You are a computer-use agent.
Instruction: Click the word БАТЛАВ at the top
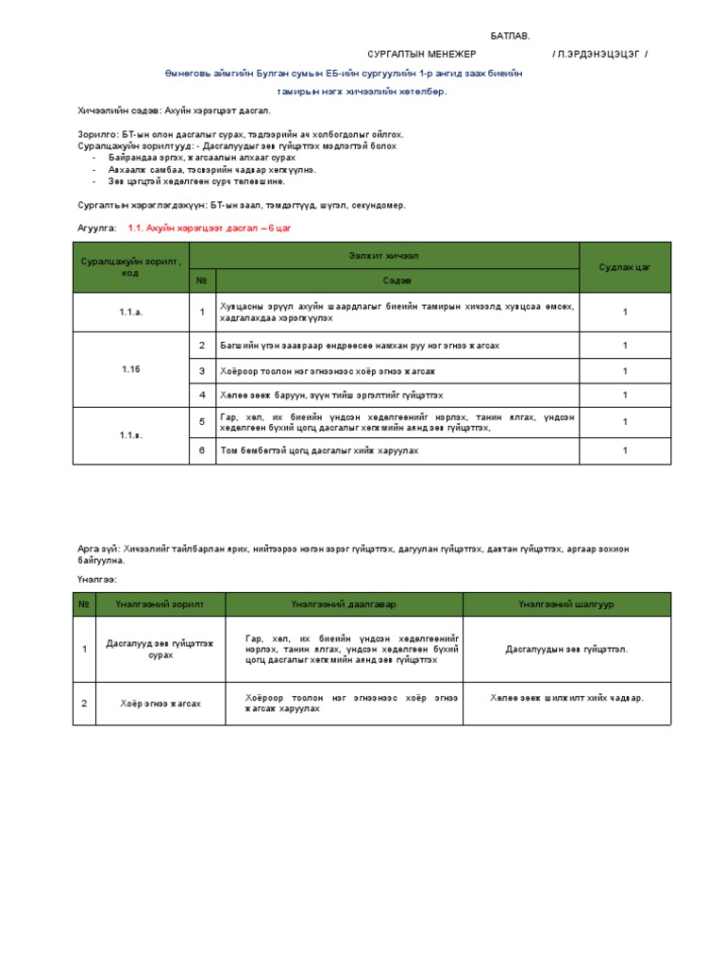510,36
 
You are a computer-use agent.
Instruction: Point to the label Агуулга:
97,229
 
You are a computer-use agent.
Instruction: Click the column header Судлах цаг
624,267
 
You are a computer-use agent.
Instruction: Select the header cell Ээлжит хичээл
383,255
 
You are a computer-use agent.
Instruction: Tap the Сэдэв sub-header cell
396,280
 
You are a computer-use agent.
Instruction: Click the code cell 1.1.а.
130,313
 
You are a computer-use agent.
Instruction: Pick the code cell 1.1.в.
130,435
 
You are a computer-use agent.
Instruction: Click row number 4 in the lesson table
202,395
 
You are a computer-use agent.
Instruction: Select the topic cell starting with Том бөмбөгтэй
319,450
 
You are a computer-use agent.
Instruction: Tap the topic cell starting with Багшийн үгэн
360,346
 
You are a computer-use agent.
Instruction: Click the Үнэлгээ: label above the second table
96,579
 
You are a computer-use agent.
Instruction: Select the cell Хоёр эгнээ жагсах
160,704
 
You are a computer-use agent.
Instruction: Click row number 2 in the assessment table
84,704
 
